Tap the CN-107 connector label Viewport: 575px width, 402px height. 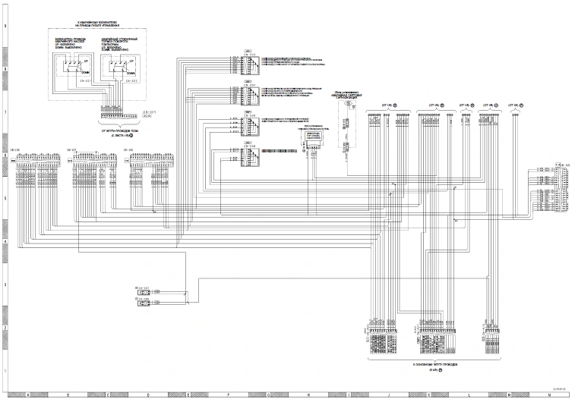(72, 150)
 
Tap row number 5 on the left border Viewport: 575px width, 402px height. (6, 199)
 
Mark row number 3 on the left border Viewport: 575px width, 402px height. (6, 284)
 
